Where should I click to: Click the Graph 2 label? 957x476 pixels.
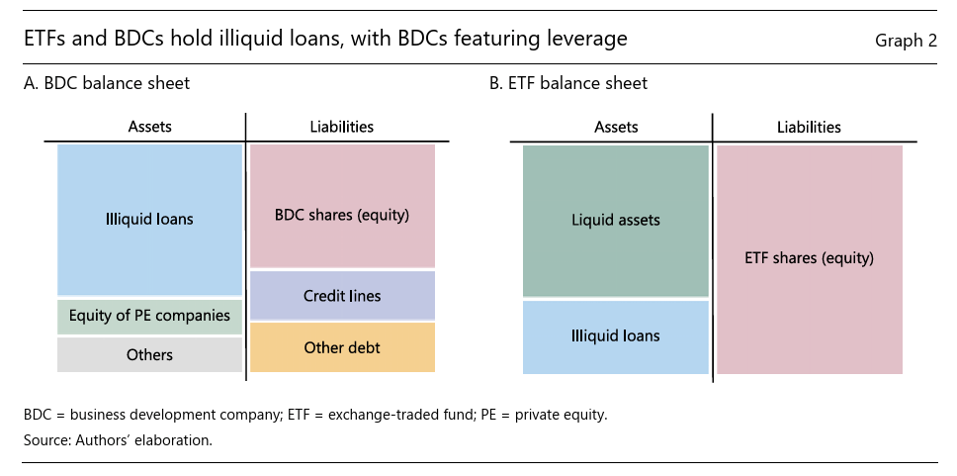point(906,41)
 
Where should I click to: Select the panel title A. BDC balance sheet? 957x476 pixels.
point(107,83)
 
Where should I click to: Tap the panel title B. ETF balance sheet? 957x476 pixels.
point(568,83)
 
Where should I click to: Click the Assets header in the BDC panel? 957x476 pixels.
point(149,127)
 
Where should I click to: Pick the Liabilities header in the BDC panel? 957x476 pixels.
point(341,127)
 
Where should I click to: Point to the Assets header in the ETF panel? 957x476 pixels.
point(616,127)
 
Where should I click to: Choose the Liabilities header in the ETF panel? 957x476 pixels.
point(809,127)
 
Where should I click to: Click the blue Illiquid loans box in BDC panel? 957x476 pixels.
point(149,219)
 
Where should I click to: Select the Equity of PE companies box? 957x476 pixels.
point(149,317)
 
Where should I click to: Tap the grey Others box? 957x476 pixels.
point(149,354)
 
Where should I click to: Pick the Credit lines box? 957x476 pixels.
point(341,295)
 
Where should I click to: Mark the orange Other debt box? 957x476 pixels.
point(341,347)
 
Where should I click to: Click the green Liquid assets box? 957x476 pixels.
point(616,220)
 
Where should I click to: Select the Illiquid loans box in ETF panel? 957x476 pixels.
point(616,336)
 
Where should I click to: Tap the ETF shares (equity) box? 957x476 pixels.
point(809,258)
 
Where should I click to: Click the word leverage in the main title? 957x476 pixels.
point(590,40)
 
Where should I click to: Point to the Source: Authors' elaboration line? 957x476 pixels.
point(118,439)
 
